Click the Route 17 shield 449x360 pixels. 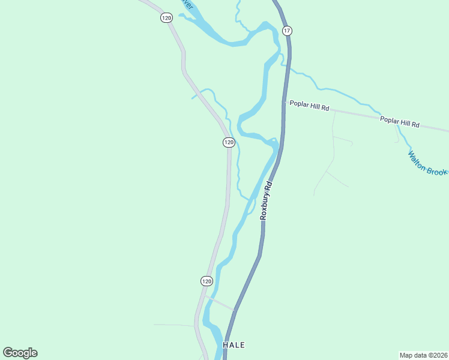point(287,31)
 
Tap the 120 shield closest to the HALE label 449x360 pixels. point(206,281)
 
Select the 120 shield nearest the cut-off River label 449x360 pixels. point(166,18)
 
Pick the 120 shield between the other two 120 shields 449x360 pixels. point(228,142)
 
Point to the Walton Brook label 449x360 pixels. point(427,163)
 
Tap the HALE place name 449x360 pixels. point(234,346)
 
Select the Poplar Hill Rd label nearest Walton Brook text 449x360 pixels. point(399,122)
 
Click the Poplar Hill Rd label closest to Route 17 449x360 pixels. point(309,106)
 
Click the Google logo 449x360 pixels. point(20,353)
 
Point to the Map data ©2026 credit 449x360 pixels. point(423,355)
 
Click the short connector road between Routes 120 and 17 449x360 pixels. point(220,302)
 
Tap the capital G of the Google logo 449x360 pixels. point(8,353)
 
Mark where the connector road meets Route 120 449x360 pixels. point(204,295)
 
